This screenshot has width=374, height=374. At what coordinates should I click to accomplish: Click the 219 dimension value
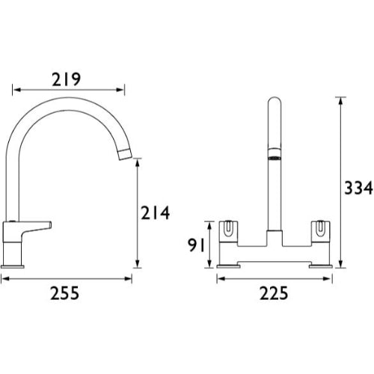67,79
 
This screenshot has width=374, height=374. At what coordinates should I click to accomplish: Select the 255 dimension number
64,293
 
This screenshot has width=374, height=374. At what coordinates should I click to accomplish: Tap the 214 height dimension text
156,213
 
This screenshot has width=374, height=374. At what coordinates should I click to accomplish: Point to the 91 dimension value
196,245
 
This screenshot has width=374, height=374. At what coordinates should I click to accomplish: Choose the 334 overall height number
358,188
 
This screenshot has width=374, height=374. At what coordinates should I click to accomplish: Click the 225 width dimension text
274,293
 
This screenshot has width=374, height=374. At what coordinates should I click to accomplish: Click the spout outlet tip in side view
125,154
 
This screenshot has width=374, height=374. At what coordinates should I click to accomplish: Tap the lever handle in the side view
37,227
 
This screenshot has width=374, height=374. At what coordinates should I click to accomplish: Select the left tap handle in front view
228,231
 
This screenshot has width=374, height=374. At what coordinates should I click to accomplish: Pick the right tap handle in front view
321,231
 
